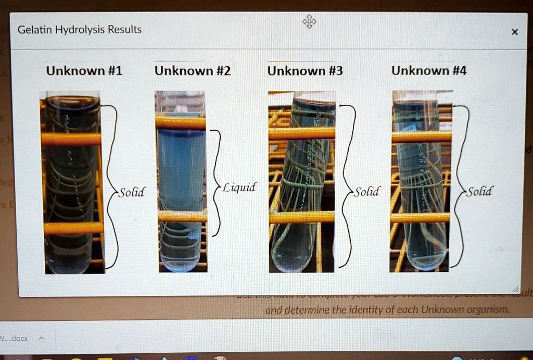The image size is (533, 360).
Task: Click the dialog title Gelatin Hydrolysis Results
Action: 80,30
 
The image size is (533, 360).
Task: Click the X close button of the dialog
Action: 514,32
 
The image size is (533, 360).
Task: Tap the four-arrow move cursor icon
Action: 309,22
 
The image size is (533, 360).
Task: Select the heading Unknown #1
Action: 84,71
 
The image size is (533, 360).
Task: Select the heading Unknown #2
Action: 193,71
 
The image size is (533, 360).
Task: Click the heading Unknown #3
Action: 305,71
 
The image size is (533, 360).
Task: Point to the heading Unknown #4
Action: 429,71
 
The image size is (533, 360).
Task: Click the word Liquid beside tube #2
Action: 239,188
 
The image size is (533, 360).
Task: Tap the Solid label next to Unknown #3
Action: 367,192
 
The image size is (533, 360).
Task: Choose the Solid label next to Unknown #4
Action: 479,191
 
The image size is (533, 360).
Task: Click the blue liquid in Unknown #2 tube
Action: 181,167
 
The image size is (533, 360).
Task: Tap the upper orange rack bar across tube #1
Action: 71,139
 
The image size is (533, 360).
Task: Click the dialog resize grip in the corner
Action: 515,289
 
